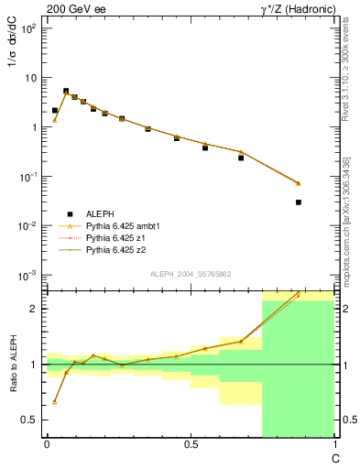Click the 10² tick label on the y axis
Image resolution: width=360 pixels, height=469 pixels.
coord(27,28)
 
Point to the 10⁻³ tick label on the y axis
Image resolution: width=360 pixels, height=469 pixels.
coord(27,275)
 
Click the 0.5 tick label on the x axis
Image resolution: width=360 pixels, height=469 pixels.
coord(190,444)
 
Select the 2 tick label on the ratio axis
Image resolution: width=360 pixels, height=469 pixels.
coord(33,309)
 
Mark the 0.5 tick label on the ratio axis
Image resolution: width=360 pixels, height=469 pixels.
coord(29,420)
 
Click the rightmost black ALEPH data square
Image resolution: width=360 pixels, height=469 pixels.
coord(299,202)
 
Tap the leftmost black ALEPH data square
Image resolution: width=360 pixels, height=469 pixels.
coord(55,110)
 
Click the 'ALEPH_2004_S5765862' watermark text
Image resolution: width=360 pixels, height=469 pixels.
coord(191,274)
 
